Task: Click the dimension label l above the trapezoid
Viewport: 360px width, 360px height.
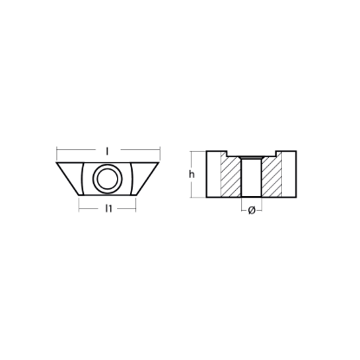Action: [108, 150]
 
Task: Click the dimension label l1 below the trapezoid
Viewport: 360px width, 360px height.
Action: [108, 208]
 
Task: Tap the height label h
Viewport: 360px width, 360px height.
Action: [192, 174]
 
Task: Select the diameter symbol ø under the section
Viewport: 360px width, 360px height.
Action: [252, 211]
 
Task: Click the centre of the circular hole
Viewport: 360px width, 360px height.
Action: [108, 179]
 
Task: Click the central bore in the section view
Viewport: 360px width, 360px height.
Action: [252, 177]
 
